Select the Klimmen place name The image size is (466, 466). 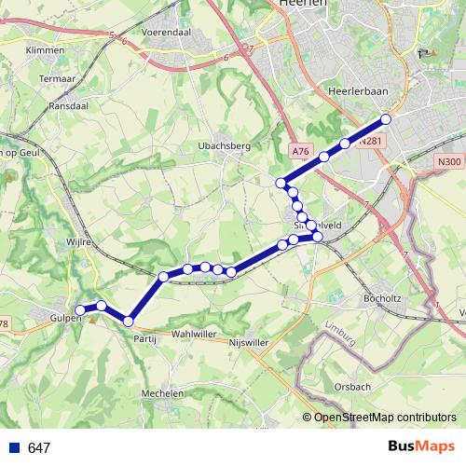45,49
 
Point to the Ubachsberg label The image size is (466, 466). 221,145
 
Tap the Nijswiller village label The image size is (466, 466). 249,343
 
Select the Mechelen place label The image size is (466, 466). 162,394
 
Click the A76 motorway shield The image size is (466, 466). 298,150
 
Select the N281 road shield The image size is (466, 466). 370,142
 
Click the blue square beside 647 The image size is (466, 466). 14,448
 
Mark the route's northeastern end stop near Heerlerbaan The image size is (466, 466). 386,119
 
